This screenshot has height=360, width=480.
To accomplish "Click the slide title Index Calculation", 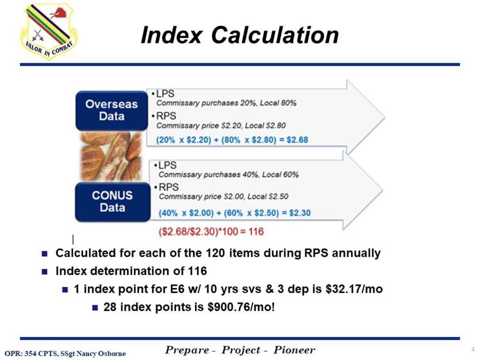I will pyautogui.click(x=240, y=35).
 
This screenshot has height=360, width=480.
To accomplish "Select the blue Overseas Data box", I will pyautogui.click(x=112, y=110).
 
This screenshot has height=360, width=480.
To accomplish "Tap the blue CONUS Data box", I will pyautogui.click(x=112, y=202).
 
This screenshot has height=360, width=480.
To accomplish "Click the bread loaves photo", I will pyautogui.click(x=111, y=156).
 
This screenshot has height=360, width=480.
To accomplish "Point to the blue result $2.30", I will pyautogui.click(x=300, y=213).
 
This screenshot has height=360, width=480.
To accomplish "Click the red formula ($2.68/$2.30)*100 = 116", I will pyautogui.click(x=211, y=231).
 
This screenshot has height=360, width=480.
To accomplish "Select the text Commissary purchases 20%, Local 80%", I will pyautogui.click(x=226, y=103).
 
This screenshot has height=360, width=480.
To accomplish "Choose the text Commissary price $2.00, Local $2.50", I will pyautogui.click(x=224, y=196).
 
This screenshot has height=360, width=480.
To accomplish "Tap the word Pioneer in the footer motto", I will pyautogui.click(x=294, y=350).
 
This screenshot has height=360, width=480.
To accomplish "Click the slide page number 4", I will pyautogui.click(x=473, y=350).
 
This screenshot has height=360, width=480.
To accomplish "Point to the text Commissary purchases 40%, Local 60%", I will pyautogui.click(x=229, y=175).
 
